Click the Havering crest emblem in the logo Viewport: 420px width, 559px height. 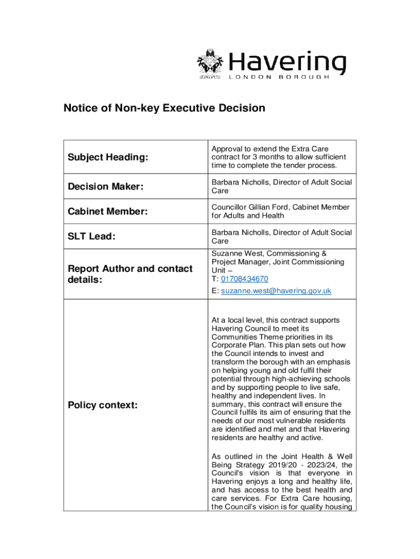click(209, 64)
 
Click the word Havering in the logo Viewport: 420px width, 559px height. click(286, 63)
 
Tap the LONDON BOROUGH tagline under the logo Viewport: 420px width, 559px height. click(279, 78)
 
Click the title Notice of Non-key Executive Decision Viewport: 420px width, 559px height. click(164, 108)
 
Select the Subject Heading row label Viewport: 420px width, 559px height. click(108, 157)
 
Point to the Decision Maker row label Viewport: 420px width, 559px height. click(105, 187)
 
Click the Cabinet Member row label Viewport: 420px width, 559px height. click(107, 211)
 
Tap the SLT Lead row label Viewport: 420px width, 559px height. click(91, 236)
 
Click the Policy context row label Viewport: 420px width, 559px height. click(103, 405)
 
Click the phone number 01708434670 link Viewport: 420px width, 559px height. click(244, 279)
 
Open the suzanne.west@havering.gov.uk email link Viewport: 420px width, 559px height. click(275, 291)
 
